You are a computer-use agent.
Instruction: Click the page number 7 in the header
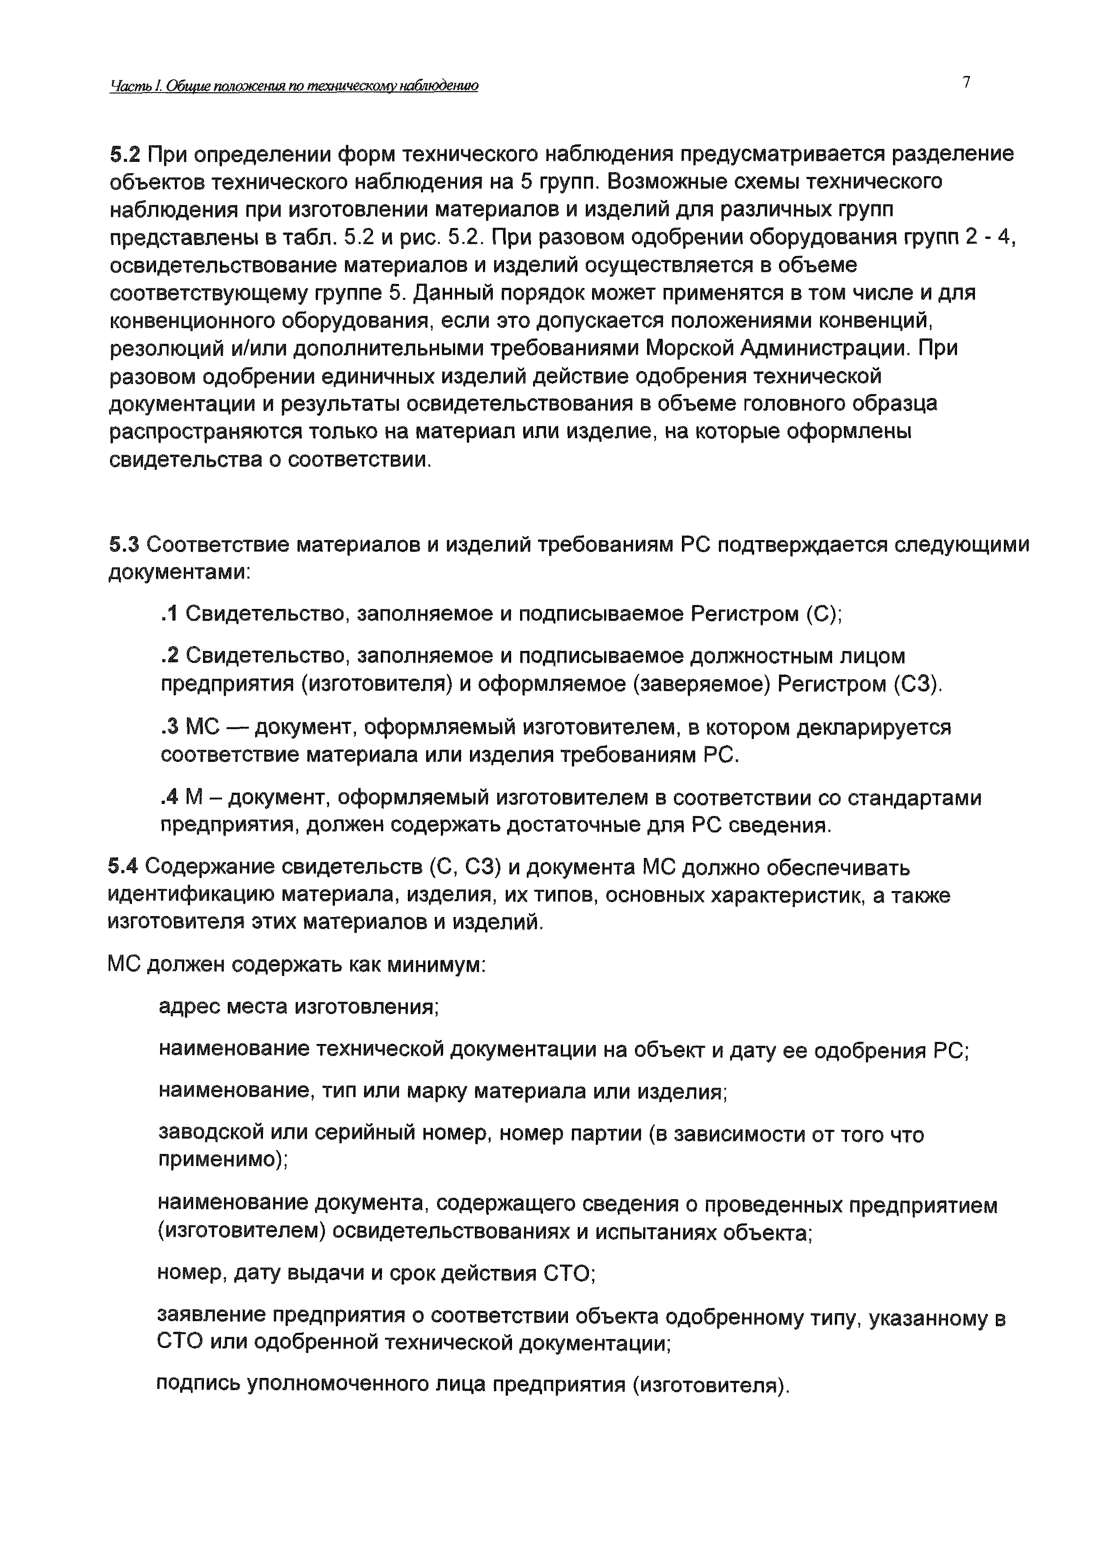(x=966, y=83)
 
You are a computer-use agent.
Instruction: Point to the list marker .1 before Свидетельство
(x=169, y=615)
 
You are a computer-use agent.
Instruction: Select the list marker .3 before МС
(x=169, y=728)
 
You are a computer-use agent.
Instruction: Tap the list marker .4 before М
(x=169, y=798)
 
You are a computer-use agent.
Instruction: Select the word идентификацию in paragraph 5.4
(x=193, y=896)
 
